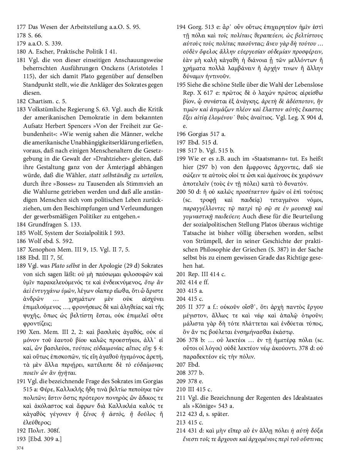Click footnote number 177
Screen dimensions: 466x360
click(22, 27)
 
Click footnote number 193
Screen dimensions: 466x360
click(22, 439)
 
